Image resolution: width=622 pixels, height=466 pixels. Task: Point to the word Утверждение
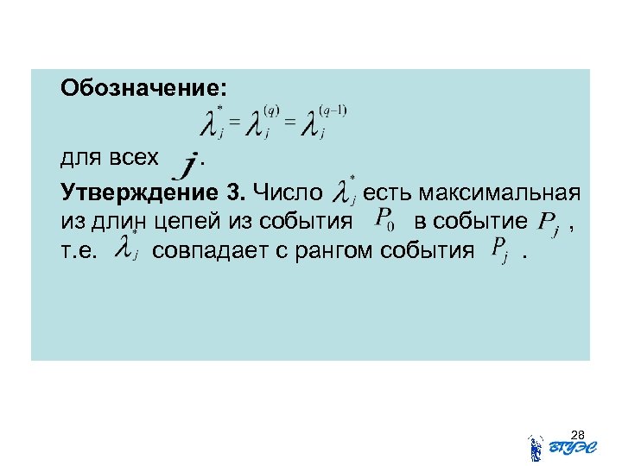coord(147,191)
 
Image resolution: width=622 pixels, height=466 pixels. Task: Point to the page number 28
coord(579,434)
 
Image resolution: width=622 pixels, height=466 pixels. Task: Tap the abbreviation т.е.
coord(79,251)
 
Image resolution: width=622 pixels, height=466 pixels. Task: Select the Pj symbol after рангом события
coord(498,250)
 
